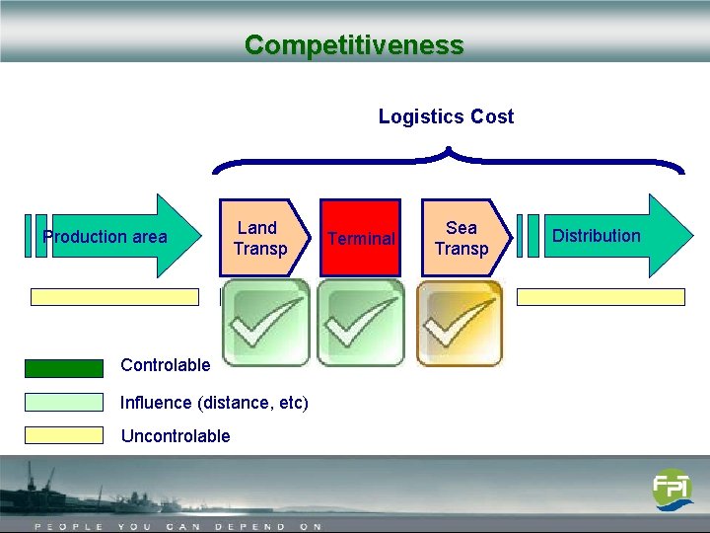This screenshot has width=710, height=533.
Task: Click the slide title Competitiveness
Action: [354, 45]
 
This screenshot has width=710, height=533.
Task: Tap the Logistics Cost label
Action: [446, 116]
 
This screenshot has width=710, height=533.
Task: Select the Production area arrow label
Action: [106, 237]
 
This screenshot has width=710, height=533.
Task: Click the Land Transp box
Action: [259, 238]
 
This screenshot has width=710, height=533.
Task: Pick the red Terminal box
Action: [361, 238]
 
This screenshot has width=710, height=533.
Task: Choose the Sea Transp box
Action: [461, 238]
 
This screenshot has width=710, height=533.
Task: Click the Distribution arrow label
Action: [597, 236]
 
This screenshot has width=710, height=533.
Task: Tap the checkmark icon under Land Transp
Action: [264, 323]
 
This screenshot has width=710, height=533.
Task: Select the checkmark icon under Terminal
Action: [360, 323]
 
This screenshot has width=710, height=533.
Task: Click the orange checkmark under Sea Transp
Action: [459, 323]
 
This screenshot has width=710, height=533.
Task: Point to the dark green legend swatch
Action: [64, 368]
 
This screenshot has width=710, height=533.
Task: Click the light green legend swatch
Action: [64, 403]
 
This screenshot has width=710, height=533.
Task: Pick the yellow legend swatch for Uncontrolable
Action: [64, 435]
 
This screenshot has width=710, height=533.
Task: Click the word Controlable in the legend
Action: [165, 365]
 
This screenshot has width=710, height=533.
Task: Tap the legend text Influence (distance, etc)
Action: [214, 402]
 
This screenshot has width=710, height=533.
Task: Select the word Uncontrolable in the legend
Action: [175, 436]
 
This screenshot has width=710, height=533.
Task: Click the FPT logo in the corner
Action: [672, 490]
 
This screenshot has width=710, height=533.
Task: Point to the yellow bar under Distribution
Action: [601, 297]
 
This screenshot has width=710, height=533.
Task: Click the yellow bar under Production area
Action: [113, 297]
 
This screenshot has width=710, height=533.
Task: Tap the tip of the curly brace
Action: [448, 150]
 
